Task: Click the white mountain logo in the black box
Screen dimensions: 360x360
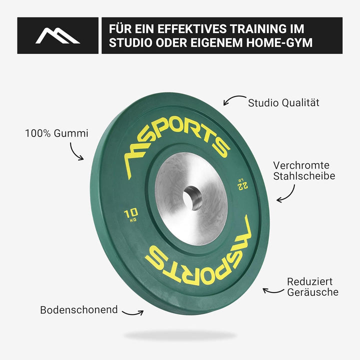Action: [57, 36]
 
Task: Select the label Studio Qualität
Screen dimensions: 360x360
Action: [283, 103]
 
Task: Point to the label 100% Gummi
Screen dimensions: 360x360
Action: [56, 133]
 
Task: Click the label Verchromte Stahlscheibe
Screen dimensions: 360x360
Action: [304, 171]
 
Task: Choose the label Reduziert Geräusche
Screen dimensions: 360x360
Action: [312, 287]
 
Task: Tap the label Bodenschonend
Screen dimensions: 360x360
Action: [79, 309]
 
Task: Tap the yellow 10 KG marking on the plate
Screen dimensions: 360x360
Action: [131, 215]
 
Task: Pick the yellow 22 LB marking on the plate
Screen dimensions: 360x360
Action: [242, 184]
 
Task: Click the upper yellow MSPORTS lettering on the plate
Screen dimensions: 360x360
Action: [177, 142]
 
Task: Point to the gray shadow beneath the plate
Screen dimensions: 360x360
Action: [180, 335]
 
